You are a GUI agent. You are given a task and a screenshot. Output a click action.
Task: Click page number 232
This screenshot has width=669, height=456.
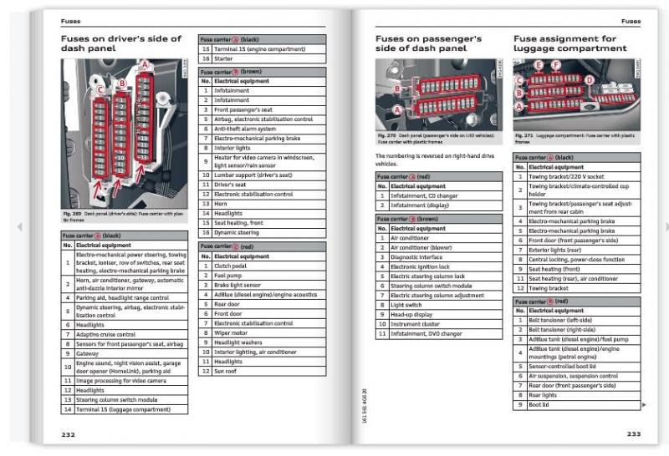pyautogui.click(x=68, y=434)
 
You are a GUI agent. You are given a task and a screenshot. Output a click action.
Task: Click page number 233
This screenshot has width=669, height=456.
pyautogui.click(x=634, y=434)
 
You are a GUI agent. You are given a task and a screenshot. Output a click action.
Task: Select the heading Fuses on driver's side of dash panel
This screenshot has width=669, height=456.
pyautogui.click(x=120, y=43)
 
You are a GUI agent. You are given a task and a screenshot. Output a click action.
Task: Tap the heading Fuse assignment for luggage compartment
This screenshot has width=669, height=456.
pyautogui.click(x=569, y=43)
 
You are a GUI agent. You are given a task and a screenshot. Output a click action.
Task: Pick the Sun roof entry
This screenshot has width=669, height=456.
pyautogui.click(x=227, y=371)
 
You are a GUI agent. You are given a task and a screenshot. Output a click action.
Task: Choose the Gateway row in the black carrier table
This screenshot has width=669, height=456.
pyautogui.click(x=89, y=353)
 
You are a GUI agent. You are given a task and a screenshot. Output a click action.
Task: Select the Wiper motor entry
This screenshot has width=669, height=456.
pyautogui.click(x=232, y=332)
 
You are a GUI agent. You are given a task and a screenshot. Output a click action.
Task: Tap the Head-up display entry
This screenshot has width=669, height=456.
pyautogui.click(x=414, y=315)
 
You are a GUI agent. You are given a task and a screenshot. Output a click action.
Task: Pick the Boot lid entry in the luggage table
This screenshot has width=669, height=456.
pyautogui.click(x=539, y=404)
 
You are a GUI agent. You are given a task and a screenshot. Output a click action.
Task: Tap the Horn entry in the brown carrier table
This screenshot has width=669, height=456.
pyautogui.click(x=220, y=203)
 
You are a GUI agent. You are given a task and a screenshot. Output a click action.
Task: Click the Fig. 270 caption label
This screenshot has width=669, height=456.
pyautogui.click(x=386, y=134)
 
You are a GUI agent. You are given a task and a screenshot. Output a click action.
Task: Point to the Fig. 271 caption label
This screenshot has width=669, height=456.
pyautogui.click(x=523, y=134)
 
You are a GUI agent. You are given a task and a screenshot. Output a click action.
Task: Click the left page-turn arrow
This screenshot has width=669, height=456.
pyautogui.click(x=19, y=226)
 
